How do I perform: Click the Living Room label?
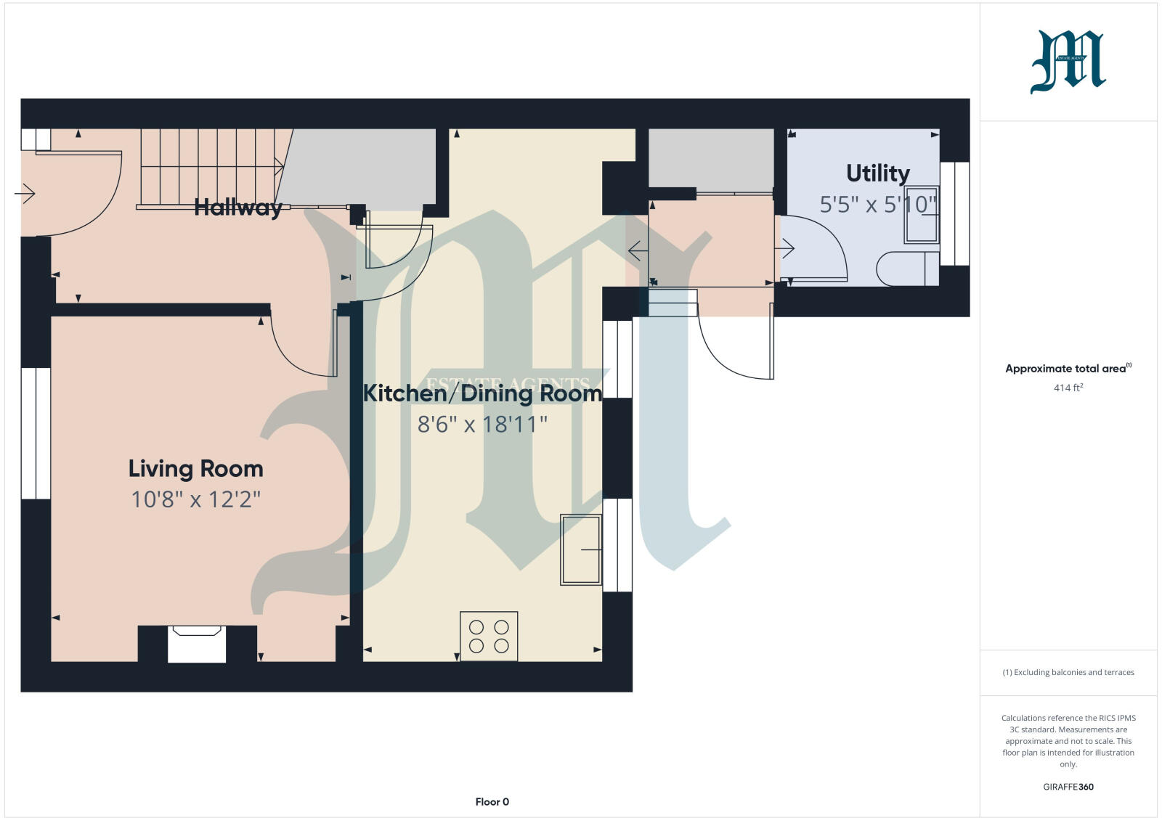[x=195, y=469]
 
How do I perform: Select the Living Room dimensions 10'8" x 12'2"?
[x=195, y=499]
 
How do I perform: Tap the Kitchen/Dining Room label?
[x=482, y=393]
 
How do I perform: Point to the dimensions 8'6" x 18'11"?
[x=482, y=424]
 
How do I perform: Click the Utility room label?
[x=877, y=173]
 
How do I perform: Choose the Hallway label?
[x=237, y=208]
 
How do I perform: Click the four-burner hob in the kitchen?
[x=489, y=636]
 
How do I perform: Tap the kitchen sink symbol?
[x=581, y=549]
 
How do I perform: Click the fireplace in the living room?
[x=197, y=643]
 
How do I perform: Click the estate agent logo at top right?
[x=1068, y=62]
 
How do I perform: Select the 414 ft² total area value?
[x=1068, y=388]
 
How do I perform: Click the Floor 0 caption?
[x=492, y=802]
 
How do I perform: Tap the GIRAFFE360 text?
[x=1068, y=787]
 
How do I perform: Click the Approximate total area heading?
[x=1066, y=369]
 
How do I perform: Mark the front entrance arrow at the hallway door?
[x=25, y=194]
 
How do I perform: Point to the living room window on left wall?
[x=36, y=433]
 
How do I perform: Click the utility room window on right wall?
[x=954, y=213]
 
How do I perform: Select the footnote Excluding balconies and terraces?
[x=1068, y=672]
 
